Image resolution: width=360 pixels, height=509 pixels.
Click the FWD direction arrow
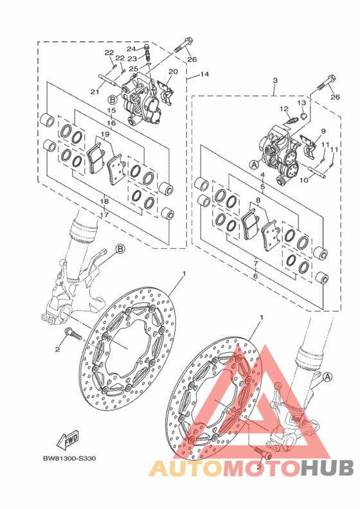67,440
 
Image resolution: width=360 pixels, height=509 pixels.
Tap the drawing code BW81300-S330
69,459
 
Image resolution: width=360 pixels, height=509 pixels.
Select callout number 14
204,75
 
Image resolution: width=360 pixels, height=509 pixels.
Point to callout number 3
274,80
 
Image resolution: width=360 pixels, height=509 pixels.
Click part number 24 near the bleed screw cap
131,49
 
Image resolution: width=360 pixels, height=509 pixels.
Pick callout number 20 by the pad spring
173,71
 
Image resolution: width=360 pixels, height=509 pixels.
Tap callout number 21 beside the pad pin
94,92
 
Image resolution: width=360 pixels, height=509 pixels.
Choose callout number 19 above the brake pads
104,134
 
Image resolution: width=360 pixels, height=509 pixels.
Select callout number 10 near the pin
303,179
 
